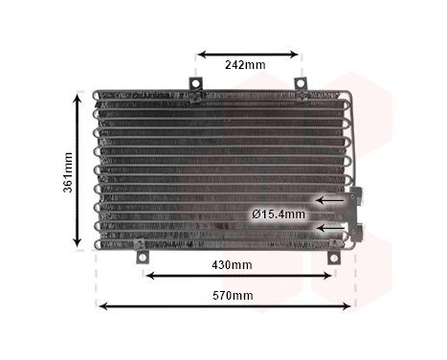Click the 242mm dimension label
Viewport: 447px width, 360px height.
coord(245,65)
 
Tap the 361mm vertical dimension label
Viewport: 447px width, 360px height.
coord(68,172)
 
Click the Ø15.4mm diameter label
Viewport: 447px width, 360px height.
coord(279,214)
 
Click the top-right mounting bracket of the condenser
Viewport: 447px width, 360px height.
coord(301,86)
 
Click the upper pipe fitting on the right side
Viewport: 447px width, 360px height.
coord(358,199)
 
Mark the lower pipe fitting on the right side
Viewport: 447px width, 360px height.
coord(360,230)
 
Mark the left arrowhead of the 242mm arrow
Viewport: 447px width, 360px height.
coord(201,54)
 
